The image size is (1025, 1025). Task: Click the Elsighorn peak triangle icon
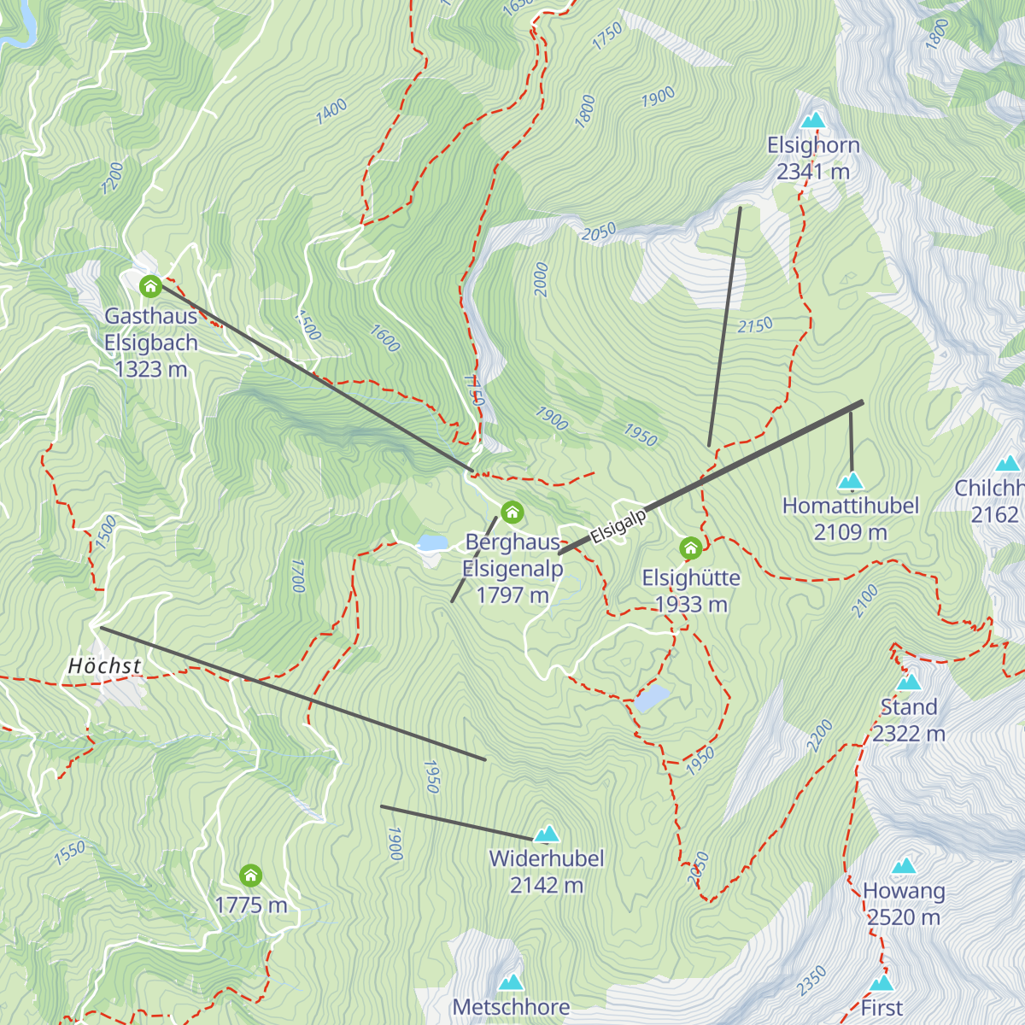pos(813,120)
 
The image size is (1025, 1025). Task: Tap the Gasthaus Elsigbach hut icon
pos(150,285)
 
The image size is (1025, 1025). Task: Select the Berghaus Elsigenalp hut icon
pos(512,512)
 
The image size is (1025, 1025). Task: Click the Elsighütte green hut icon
pos(690,548)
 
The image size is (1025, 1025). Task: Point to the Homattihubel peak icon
pos(851,482)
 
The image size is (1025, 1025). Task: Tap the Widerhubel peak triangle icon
pos(547,833)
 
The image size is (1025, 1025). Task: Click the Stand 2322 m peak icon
pos(908,682)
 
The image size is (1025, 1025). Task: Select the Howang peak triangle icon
pos(904,866)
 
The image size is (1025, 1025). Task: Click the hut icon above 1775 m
pos(250,876)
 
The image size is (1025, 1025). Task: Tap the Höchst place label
pos(104,665)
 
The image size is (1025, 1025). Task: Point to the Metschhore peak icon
pos(511,982)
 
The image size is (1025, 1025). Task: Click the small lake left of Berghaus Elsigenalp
pos(433,542)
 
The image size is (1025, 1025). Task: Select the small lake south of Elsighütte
pos(652,699)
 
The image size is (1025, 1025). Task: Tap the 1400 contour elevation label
pos(331,111)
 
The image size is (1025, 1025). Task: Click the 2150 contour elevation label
pos(755,325)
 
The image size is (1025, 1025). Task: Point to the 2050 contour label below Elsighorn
pos(598,232)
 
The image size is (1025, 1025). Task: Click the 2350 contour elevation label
pos(811,980)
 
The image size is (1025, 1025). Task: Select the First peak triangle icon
pos(881,983)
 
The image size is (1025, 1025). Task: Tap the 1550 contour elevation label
pos(69,852)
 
